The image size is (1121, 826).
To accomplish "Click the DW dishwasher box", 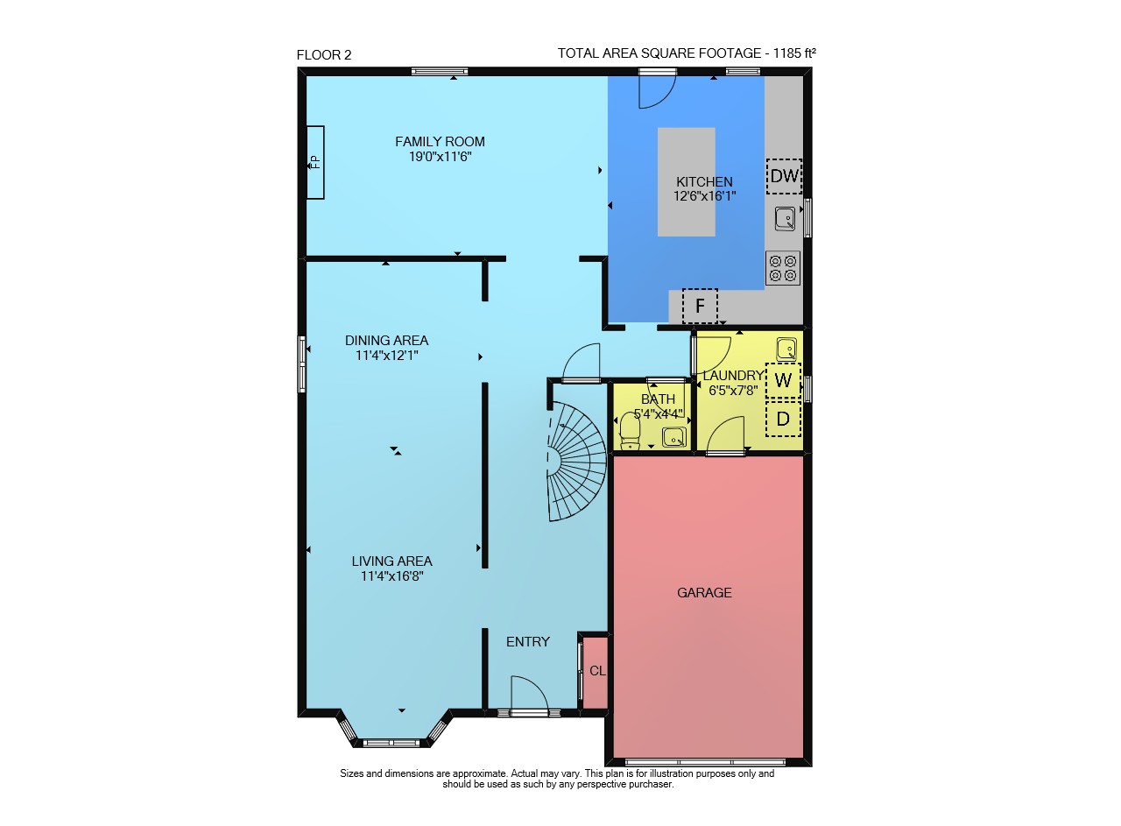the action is (784, 176).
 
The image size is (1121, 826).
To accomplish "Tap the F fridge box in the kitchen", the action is (700, 306).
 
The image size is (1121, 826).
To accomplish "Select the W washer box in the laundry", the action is (783, 380).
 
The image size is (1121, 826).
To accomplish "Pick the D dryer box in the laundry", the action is (783, 419).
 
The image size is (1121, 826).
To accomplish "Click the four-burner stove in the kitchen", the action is (783, 268).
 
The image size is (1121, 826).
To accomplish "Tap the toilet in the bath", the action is (630, 431).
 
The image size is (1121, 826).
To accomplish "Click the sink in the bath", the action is (674, 436).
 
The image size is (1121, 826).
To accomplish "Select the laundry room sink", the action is (786, 349).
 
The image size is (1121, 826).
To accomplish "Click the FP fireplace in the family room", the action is (315, 163).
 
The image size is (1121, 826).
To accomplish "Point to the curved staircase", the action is (576, 462).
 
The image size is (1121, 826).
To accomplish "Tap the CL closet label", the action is (597, 671).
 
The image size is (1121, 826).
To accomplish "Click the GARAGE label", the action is (704, 593).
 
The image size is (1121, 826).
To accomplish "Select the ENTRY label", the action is (528, 642).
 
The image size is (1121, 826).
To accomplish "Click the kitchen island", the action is (686, 181).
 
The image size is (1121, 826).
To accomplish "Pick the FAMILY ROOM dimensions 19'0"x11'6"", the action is (440, 157).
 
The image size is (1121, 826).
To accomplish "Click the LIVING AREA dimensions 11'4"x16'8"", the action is (391, 576).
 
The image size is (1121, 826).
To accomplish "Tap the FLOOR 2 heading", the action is (324, 55).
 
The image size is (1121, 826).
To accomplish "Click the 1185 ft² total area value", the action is (794, 53).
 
